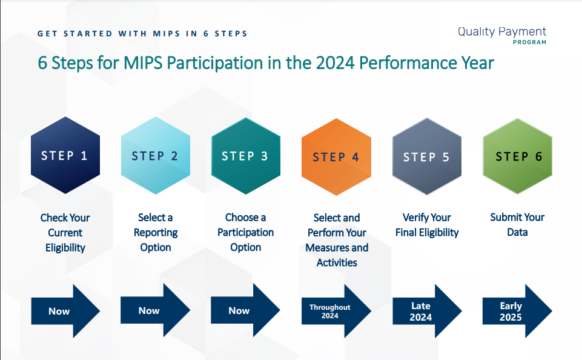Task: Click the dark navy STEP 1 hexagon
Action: click(65, 156)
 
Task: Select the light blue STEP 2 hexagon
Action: click(155, 156)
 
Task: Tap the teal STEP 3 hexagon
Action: click(245, 156)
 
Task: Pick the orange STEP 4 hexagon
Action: click(336, 156)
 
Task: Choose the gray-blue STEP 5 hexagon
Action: click(426, 156)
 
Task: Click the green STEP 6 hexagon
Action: click(517, 156)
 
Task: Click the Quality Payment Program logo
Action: click(501, 35)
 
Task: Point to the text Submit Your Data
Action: click(517, 225)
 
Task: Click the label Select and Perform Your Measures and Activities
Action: click(337, 240)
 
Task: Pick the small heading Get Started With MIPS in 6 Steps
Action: click(142, 33)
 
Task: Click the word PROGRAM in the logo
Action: click(529, 42)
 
